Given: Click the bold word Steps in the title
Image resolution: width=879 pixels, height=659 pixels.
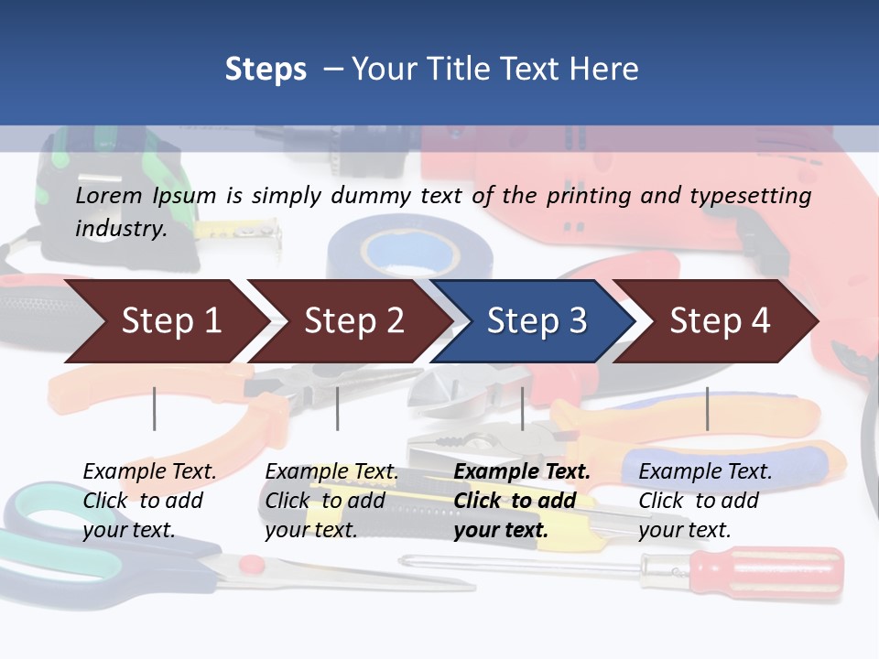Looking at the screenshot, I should [266, 70].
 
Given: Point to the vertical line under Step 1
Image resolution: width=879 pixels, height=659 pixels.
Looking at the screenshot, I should [155, 408].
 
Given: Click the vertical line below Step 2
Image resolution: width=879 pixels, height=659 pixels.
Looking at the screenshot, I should [338, 408].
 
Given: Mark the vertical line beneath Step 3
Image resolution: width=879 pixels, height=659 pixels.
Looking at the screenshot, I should [523, 408].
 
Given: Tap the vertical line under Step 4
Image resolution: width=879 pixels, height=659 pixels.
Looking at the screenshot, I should [707, 408].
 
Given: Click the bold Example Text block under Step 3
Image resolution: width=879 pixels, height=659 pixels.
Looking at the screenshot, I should [522, 501].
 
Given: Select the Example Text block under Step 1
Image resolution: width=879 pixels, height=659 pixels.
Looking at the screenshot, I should [149, 501].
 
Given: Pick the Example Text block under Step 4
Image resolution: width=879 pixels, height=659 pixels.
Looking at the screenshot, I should [705, 501].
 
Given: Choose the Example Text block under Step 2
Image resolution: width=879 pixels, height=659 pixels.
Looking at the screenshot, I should [331, 501].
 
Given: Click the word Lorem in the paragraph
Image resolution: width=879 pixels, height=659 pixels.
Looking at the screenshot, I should [109, 196].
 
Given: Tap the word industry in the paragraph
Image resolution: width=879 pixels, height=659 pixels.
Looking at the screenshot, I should [120, 228].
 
